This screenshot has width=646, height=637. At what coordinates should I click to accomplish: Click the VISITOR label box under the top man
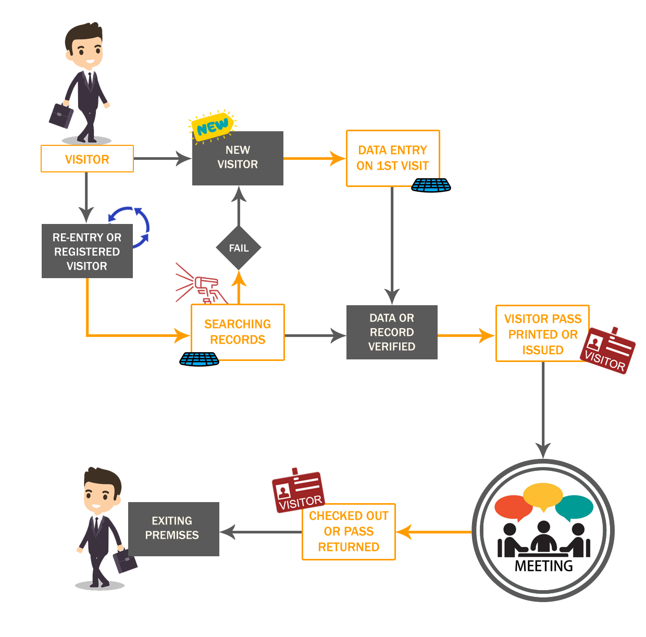click(x=87, y=159)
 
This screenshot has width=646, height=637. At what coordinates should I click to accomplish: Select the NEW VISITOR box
click(x=238, y=158)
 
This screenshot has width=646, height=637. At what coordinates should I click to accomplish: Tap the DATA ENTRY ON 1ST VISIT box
click(x=393, y=158)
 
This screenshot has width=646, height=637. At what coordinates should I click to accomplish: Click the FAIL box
click(x=239, y=248)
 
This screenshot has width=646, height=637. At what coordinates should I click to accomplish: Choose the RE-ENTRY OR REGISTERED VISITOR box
click(x=87, y=252)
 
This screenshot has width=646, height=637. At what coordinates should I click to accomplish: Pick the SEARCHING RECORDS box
click(x=238, y=332)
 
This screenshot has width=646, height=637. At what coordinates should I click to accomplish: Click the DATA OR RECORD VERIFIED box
click(x=392, y=332)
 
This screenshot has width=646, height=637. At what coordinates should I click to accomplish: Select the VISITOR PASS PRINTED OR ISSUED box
click(x=542, y=334)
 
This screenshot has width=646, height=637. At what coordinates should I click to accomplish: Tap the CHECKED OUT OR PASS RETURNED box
click(x=349, y=531)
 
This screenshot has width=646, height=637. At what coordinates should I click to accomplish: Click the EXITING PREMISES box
click(x=172, y=528)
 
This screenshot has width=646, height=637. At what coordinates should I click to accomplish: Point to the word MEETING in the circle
click(x=543, y=566)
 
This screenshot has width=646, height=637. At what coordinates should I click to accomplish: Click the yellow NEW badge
click(x=213, y=125)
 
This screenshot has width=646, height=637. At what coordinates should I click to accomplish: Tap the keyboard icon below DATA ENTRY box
click(x=431, y=185)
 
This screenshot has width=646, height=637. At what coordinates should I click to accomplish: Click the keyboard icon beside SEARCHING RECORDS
click(x=199, y=359)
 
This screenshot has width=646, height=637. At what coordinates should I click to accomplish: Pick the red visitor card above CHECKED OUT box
click(x=299, y=490)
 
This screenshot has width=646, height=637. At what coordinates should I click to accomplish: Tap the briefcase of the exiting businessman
click(x=126, y=560)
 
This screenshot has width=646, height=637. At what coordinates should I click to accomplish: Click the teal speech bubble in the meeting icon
click(x=574, y=507)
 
